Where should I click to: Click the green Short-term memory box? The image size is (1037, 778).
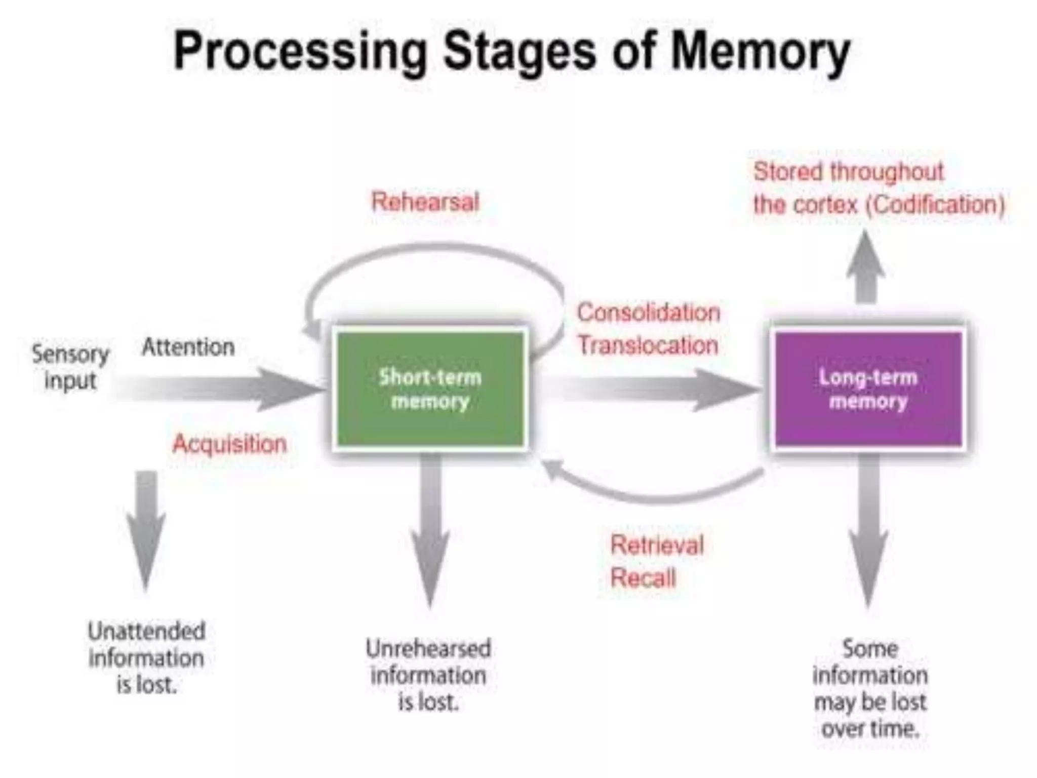pos(430,389)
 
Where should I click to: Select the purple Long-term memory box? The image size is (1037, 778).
pos(868,389)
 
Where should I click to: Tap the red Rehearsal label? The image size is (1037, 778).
pos(425,202)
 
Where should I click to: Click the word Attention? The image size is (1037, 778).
pos(188,347)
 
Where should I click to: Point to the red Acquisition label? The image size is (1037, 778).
pos(229,444)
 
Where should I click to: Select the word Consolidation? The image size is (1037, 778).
pos(649,313)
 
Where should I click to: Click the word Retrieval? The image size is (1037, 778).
pos(657,546)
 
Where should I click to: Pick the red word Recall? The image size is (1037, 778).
pos(643,578)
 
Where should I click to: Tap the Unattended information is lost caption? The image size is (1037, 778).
pos(146,658)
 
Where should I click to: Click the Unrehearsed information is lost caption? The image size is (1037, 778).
pos(428,675)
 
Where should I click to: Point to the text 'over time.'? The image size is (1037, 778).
pos(870,729)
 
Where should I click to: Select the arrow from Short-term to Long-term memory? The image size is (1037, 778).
pos(658,389)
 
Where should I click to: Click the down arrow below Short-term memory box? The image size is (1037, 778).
pos(430,532)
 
